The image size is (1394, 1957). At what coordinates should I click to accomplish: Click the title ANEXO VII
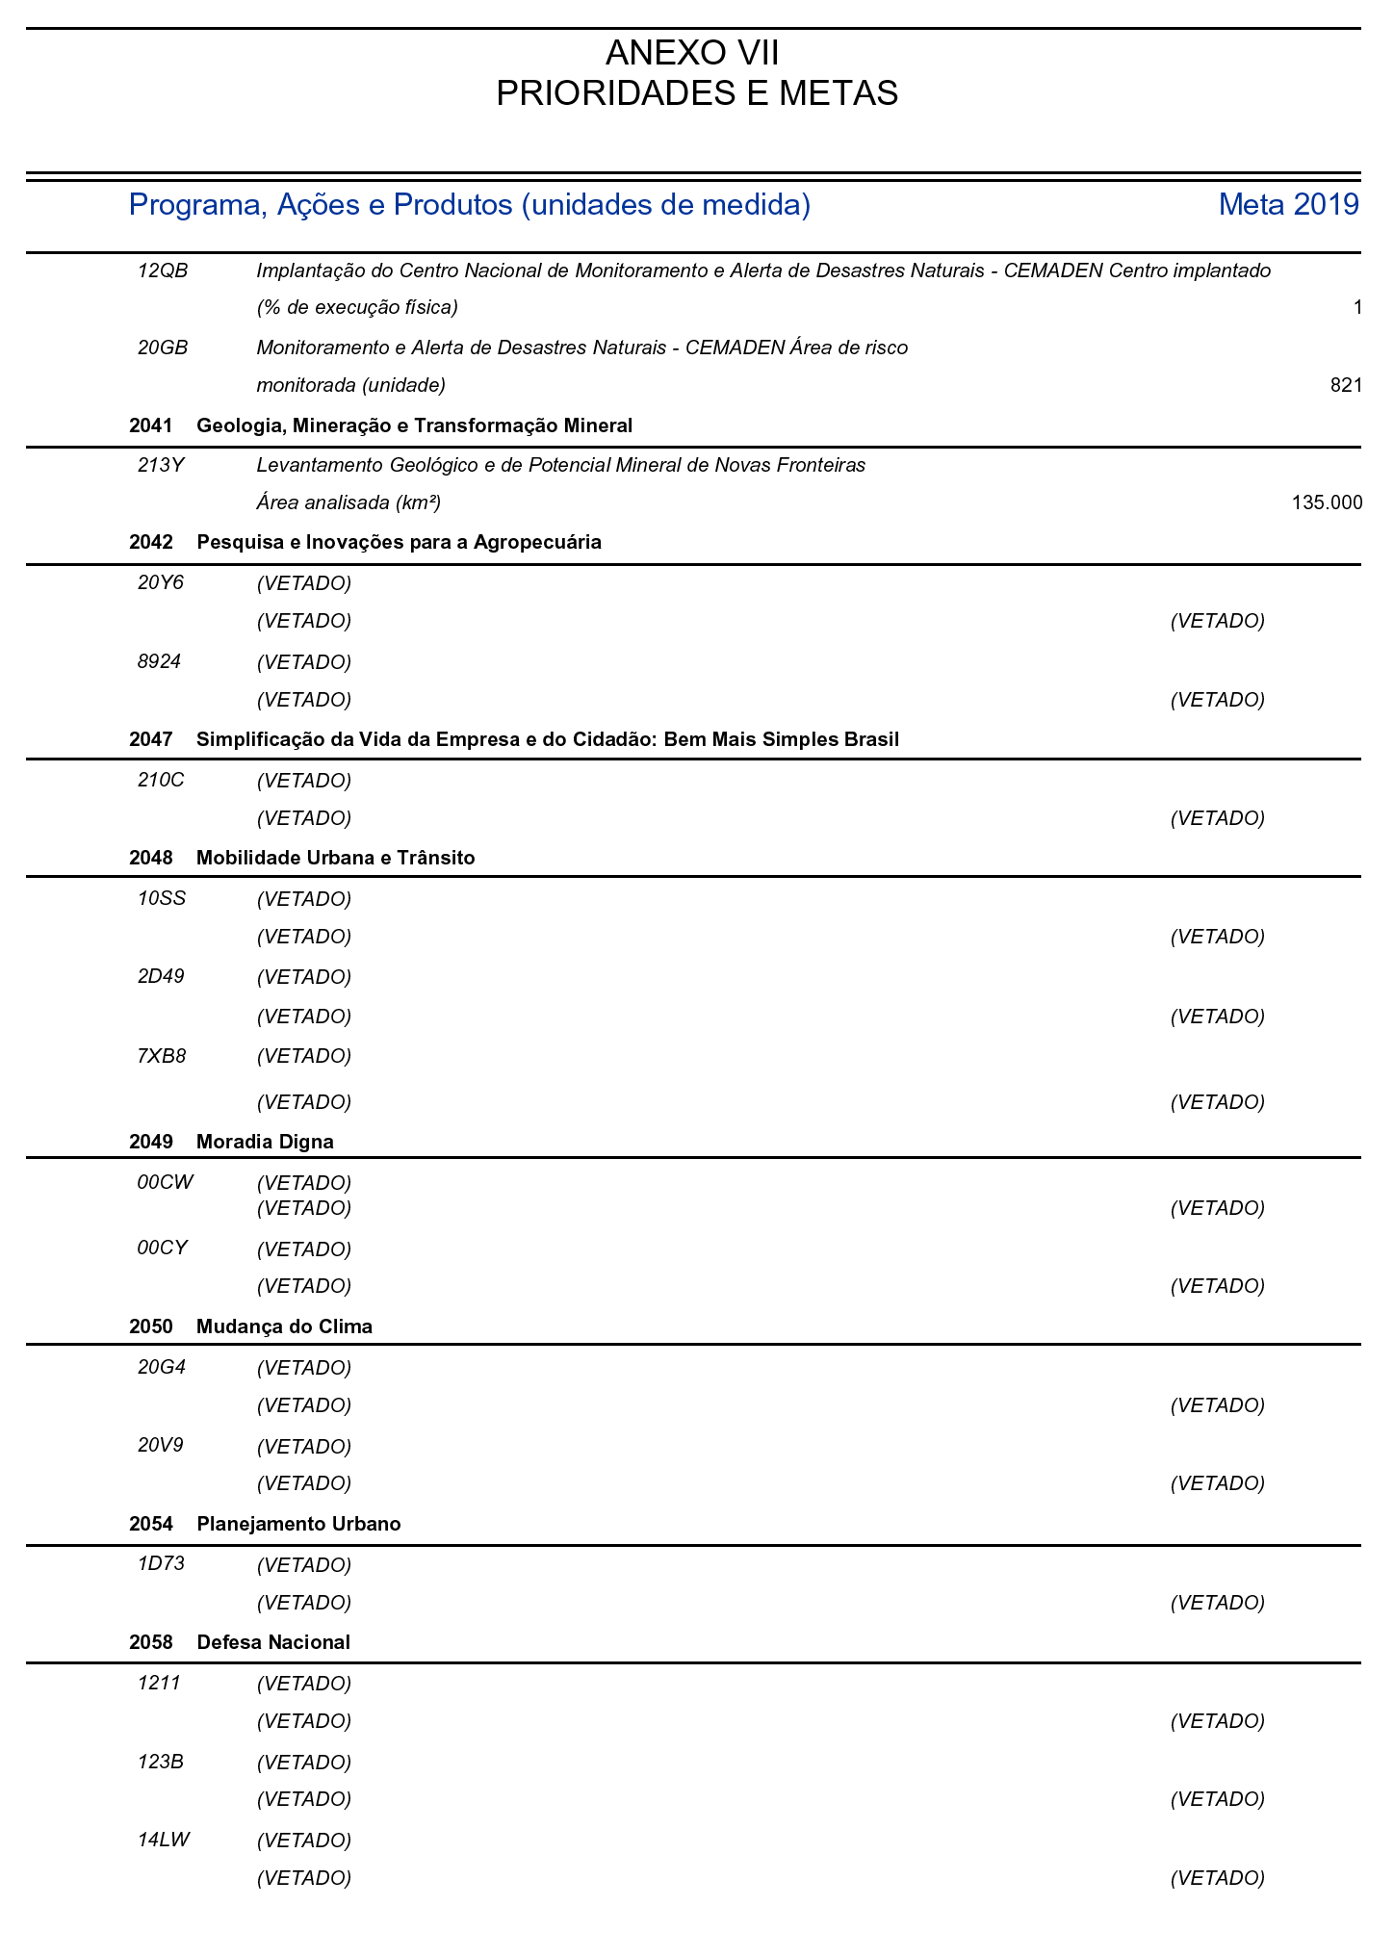(x=696, y=53)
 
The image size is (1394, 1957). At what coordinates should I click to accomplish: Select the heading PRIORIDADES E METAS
(x=696, y=94)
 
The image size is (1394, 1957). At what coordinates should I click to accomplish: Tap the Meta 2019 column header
(x=1288, y=204)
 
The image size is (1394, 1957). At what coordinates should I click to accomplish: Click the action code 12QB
(x=163, y=270)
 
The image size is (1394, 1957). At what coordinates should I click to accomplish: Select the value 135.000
(x=1327, y=502)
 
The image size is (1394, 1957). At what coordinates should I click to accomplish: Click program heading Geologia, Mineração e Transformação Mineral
(x=414, y=425)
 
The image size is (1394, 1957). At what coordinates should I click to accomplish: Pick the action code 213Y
(x=161, y=466)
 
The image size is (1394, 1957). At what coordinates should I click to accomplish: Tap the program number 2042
(x=150, y=542)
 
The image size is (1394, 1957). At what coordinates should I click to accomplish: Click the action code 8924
(x=160, y=661)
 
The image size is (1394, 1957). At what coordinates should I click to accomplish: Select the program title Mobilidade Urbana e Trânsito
(x=335, y=858)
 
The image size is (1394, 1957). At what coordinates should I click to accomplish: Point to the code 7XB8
(x=162, y=1056)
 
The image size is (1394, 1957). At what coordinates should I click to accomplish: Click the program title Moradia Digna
(x=265, y=1142)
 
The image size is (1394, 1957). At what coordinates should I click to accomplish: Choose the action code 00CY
(x=163, y=1249)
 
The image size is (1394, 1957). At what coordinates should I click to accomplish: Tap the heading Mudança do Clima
(x=284, y=1326)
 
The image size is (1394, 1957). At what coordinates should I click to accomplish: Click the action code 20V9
(x=161, y=1446)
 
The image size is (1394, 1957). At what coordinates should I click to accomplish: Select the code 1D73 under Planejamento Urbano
(x=161, y=1564)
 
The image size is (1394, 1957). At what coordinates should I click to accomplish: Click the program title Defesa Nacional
(x=272, y=1642)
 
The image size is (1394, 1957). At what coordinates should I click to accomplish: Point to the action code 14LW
(x=164, y=1840)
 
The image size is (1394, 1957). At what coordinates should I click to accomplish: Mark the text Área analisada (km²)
(x=348, y=502)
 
